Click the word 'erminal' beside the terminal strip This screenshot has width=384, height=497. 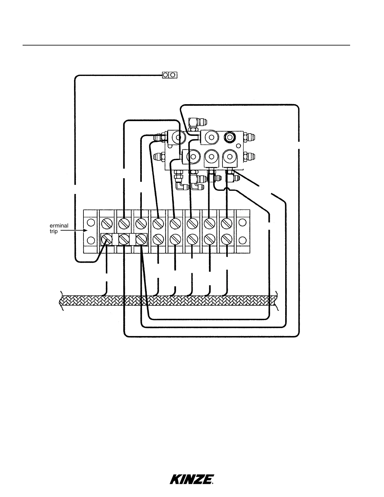click(59, 226)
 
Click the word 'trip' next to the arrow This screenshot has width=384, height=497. click(54, 232)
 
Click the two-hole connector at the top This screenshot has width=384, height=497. click(169, 75)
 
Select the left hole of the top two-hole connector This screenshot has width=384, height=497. click(166, 75)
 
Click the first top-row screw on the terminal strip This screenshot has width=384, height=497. click(107, 223)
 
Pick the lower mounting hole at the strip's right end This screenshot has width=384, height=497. click(242, 240)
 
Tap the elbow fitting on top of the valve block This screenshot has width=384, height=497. click(194, 121)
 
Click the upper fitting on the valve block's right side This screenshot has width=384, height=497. click(251, 137)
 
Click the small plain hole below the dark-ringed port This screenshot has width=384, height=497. click(238, 146)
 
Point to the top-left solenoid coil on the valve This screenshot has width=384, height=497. click(177, 137)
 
